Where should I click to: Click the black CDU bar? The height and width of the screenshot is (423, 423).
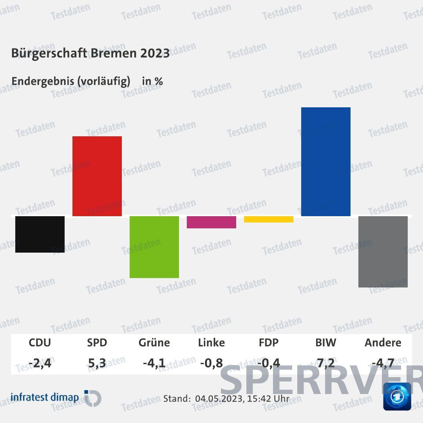point(40,234)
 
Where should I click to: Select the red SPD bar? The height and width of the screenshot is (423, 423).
point(97,176)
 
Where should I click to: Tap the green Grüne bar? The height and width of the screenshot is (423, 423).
point(154,247)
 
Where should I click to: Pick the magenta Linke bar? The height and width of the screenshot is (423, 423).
point(211,222)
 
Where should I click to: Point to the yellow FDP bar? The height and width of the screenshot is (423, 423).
point(269,219)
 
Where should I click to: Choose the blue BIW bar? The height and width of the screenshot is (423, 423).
point(326,161)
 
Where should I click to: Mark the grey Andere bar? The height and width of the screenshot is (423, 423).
point(383,251)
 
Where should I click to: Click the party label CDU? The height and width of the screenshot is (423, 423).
point(40,343)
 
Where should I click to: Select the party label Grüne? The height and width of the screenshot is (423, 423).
point(154,343)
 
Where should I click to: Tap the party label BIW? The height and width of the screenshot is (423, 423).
point(326,343)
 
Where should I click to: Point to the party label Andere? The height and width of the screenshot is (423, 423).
point(383,343)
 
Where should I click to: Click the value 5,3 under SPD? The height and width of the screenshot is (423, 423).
point(97,363)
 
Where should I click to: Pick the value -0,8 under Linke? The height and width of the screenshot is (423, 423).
point(211,363)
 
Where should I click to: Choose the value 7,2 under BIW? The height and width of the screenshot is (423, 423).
point(326,363)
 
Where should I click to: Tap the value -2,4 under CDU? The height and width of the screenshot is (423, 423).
point(40,363)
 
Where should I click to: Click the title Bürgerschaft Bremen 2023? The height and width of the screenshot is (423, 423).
point(90,53)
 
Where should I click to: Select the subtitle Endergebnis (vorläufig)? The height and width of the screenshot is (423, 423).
point(71,81)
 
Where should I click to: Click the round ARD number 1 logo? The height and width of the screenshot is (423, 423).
point(397,397)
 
